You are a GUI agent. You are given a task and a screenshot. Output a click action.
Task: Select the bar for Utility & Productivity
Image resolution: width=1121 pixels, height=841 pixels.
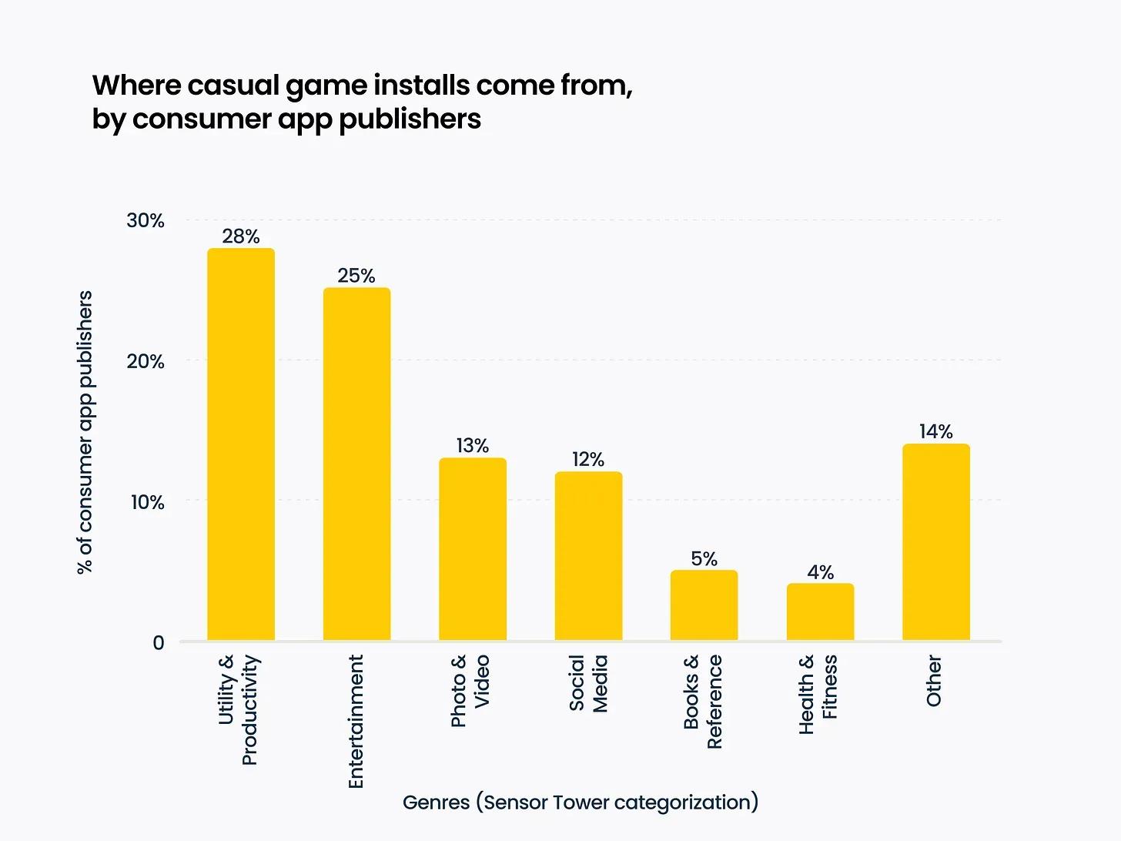coord(241,444)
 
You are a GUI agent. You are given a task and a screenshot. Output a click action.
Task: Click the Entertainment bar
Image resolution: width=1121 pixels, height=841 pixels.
coord(356,464)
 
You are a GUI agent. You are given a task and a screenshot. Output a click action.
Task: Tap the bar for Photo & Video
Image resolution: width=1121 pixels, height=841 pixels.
coord(473,549)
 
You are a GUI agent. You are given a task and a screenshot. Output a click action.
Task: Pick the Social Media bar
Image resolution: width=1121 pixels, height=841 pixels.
coord(588,556)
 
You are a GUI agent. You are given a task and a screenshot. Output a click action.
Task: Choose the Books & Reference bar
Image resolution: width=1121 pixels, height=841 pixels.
coord(704,605)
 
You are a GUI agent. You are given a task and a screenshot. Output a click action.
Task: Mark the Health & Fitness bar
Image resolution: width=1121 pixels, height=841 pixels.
coord(820,612)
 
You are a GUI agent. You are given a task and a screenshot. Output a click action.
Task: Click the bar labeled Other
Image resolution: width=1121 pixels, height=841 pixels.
coord(935,542)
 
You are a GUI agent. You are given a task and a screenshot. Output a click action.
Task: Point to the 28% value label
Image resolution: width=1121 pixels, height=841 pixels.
coord(241,236)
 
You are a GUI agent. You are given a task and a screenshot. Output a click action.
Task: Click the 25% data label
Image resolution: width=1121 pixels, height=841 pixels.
coord(356,276)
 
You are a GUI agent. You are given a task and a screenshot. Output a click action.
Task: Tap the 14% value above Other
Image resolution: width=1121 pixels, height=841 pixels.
coord(935,431)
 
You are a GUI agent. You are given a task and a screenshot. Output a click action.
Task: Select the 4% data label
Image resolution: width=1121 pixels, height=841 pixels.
coord(820,572)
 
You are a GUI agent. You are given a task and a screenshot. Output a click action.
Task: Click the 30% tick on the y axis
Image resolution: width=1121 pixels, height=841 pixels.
coord(146,220)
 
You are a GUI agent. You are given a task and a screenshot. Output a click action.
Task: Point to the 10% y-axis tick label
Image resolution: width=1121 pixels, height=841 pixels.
coord(147,502)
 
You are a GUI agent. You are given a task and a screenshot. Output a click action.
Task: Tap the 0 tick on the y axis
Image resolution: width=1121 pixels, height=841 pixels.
coord(159,642)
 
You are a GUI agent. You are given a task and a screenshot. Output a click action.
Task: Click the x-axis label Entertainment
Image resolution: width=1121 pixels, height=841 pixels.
coord(356,721)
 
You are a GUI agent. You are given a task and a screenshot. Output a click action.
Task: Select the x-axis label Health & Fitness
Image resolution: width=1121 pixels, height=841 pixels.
coord(818,694)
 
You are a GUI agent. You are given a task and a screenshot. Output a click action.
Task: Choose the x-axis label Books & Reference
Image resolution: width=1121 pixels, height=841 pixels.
coord(702,701)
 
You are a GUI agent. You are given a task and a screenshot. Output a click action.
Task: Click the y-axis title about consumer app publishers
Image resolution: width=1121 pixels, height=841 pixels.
coord(85,432)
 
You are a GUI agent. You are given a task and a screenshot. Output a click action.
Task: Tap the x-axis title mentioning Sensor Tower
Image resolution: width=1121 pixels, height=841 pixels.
coord(581,802)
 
